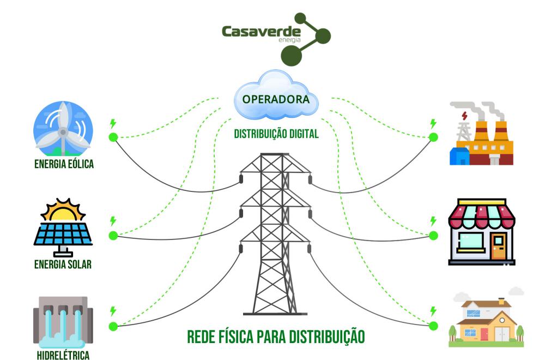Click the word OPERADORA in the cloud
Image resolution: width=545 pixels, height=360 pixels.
[276, 100]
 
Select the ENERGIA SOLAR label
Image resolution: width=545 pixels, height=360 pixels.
[63, 265]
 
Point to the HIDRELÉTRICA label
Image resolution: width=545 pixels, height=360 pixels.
[63, 355]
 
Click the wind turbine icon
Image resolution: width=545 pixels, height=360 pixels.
[63, 129]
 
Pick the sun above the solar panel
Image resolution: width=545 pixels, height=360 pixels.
[63, 211]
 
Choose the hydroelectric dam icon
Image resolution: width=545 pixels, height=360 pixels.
[63, 325]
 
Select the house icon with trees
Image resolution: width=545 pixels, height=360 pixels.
[485, 322]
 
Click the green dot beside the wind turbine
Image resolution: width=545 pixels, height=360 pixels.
[113, 137]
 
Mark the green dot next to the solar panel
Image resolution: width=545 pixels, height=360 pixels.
[113, 236]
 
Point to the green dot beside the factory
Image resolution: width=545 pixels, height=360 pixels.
[433, 137]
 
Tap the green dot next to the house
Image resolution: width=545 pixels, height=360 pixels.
[433, 326]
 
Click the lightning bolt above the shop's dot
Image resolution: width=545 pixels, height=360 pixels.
[433, 221]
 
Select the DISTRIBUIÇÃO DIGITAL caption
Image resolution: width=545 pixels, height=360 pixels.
[276, 134]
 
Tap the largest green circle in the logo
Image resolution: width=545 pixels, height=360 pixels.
[291, 55]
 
